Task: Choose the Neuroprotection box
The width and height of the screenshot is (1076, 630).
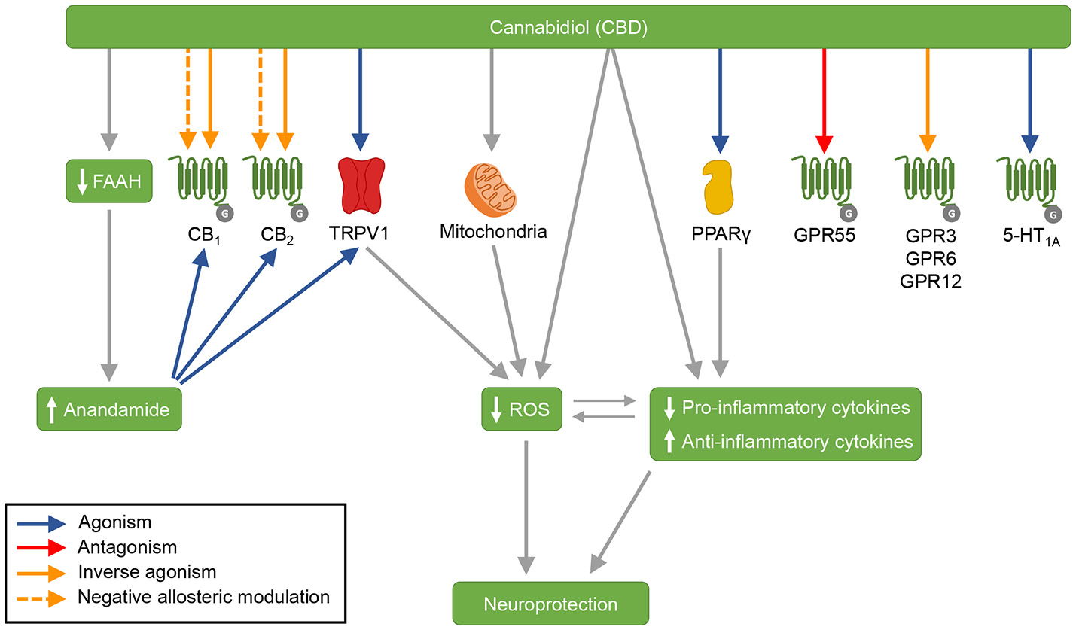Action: click(550, 604)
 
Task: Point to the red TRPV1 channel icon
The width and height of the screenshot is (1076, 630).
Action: click(360, 185)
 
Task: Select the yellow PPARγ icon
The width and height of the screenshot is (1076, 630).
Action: click(721, 185)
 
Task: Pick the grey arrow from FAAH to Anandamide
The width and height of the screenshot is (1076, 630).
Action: click(110, 294)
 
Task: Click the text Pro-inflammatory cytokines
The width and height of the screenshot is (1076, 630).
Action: click(797, 408)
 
